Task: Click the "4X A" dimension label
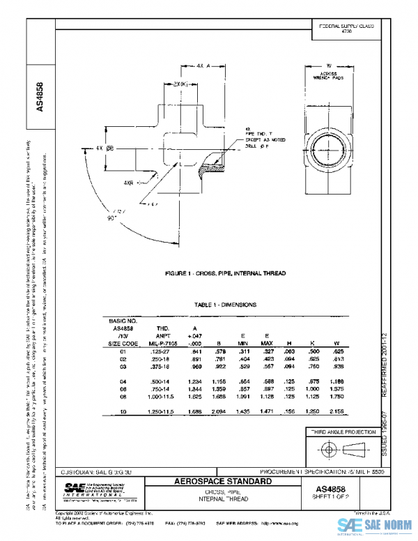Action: [x=203, y=66]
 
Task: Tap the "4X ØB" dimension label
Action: [x=104, y=148]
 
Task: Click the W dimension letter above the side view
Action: [x=328, y=67]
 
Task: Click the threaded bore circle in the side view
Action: [x=328, y=149]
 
